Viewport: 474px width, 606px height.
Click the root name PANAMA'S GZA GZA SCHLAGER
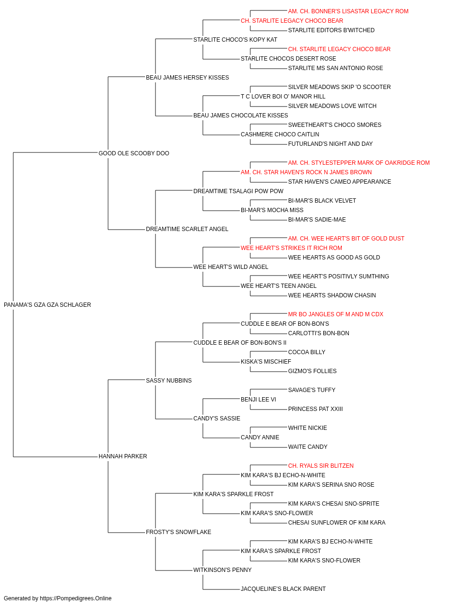pyautogui.click(x=47, y=305)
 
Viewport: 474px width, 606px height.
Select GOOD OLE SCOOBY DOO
pyautogui.click(x=134, y=153)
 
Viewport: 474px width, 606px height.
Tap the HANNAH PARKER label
pyautogui.click(x=123, y=456)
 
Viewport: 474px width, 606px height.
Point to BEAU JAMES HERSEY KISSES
pyautogui.click(x=187, y=78)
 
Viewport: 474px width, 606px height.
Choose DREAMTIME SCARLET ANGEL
pyautogui.click(x=187, y=229)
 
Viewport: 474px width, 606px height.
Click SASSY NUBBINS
pyautogui.click(x=169, y=381)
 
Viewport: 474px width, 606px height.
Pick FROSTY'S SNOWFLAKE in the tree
pyautogui.click(x=179, y=532)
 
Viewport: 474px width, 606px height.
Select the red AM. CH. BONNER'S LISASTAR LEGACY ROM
pyautogui.click(x=348, y=11)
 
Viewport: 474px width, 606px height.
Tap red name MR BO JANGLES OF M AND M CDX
pyautogui.click(x=336, y=314)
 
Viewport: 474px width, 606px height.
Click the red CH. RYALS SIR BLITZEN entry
pyautogui.click(x=321, y=466)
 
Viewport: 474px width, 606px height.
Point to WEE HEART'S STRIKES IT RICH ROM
pyautogui.click(x=292, y=248)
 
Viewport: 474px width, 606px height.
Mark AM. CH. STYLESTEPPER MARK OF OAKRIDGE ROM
pyautogui.click(x=359, y=163)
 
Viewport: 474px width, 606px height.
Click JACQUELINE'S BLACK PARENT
pyautogui.click(x=283, y=589)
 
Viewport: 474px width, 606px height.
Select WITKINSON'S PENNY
pyautogui.click(x=222, y=570)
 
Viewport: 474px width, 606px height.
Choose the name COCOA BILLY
pyautogui.click(x=307, y=352)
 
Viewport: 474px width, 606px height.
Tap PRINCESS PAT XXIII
pyautogui.click(x=315, y=409)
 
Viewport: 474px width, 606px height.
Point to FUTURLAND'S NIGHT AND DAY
pyautogui.click(x=330, y=144)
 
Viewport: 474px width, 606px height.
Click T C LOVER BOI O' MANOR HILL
pyautogui.click(x=283, y=97)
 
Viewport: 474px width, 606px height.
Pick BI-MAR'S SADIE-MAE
pyautogui.click(x=317, y=220)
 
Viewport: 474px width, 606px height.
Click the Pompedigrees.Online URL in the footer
pyautogui.click(x=76, y=598)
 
